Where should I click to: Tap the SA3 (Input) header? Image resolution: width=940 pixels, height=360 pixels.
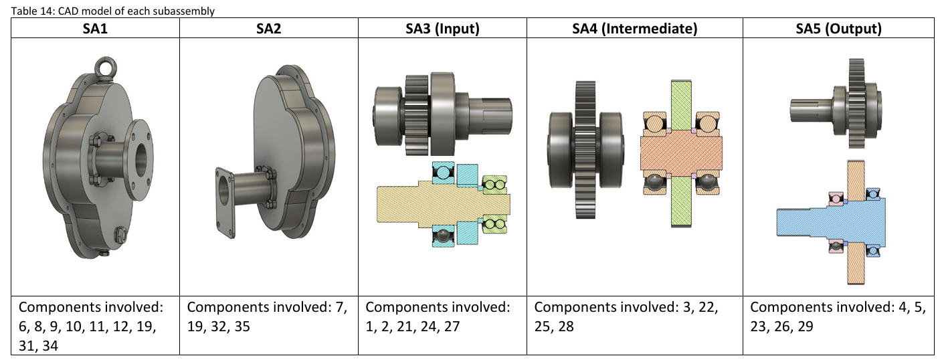(442, 28)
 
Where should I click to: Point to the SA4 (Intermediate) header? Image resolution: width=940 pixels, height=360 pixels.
(634, 28)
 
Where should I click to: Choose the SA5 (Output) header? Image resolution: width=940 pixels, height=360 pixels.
(838, 28)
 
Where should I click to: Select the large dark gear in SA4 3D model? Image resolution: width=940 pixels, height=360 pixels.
(583, 151)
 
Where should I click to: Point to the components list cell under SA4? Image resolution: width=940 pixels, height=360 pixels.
(634, 317)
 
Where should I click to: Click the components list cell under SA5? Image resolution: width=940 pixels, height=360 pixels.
(838, 317)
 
